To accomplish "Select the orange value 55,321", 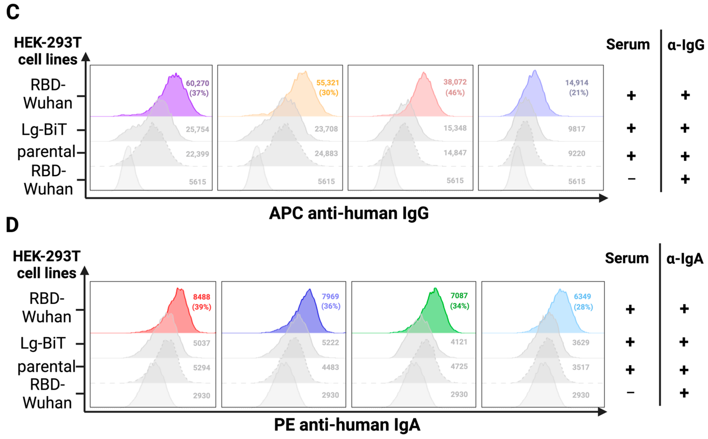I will coord(328,83).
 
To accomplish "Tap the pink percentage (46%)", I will coord(455,93).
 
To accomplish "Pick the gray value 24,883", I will coord(326,153).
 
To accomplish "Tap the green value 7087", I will coord(459,295).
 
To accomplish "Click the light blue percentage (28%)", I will coord(583,307).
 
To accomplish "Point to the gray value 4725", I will coord(459,366).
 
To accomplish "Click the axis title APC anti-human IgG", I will coord(348,213).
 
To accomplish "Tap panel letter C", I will coord(13,12).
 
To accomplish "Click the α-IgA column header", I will coord(684,259).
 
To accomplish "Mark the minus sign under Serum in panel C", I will coord(631,179).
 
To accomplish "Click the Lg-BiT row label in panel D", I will coord(43,344).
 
